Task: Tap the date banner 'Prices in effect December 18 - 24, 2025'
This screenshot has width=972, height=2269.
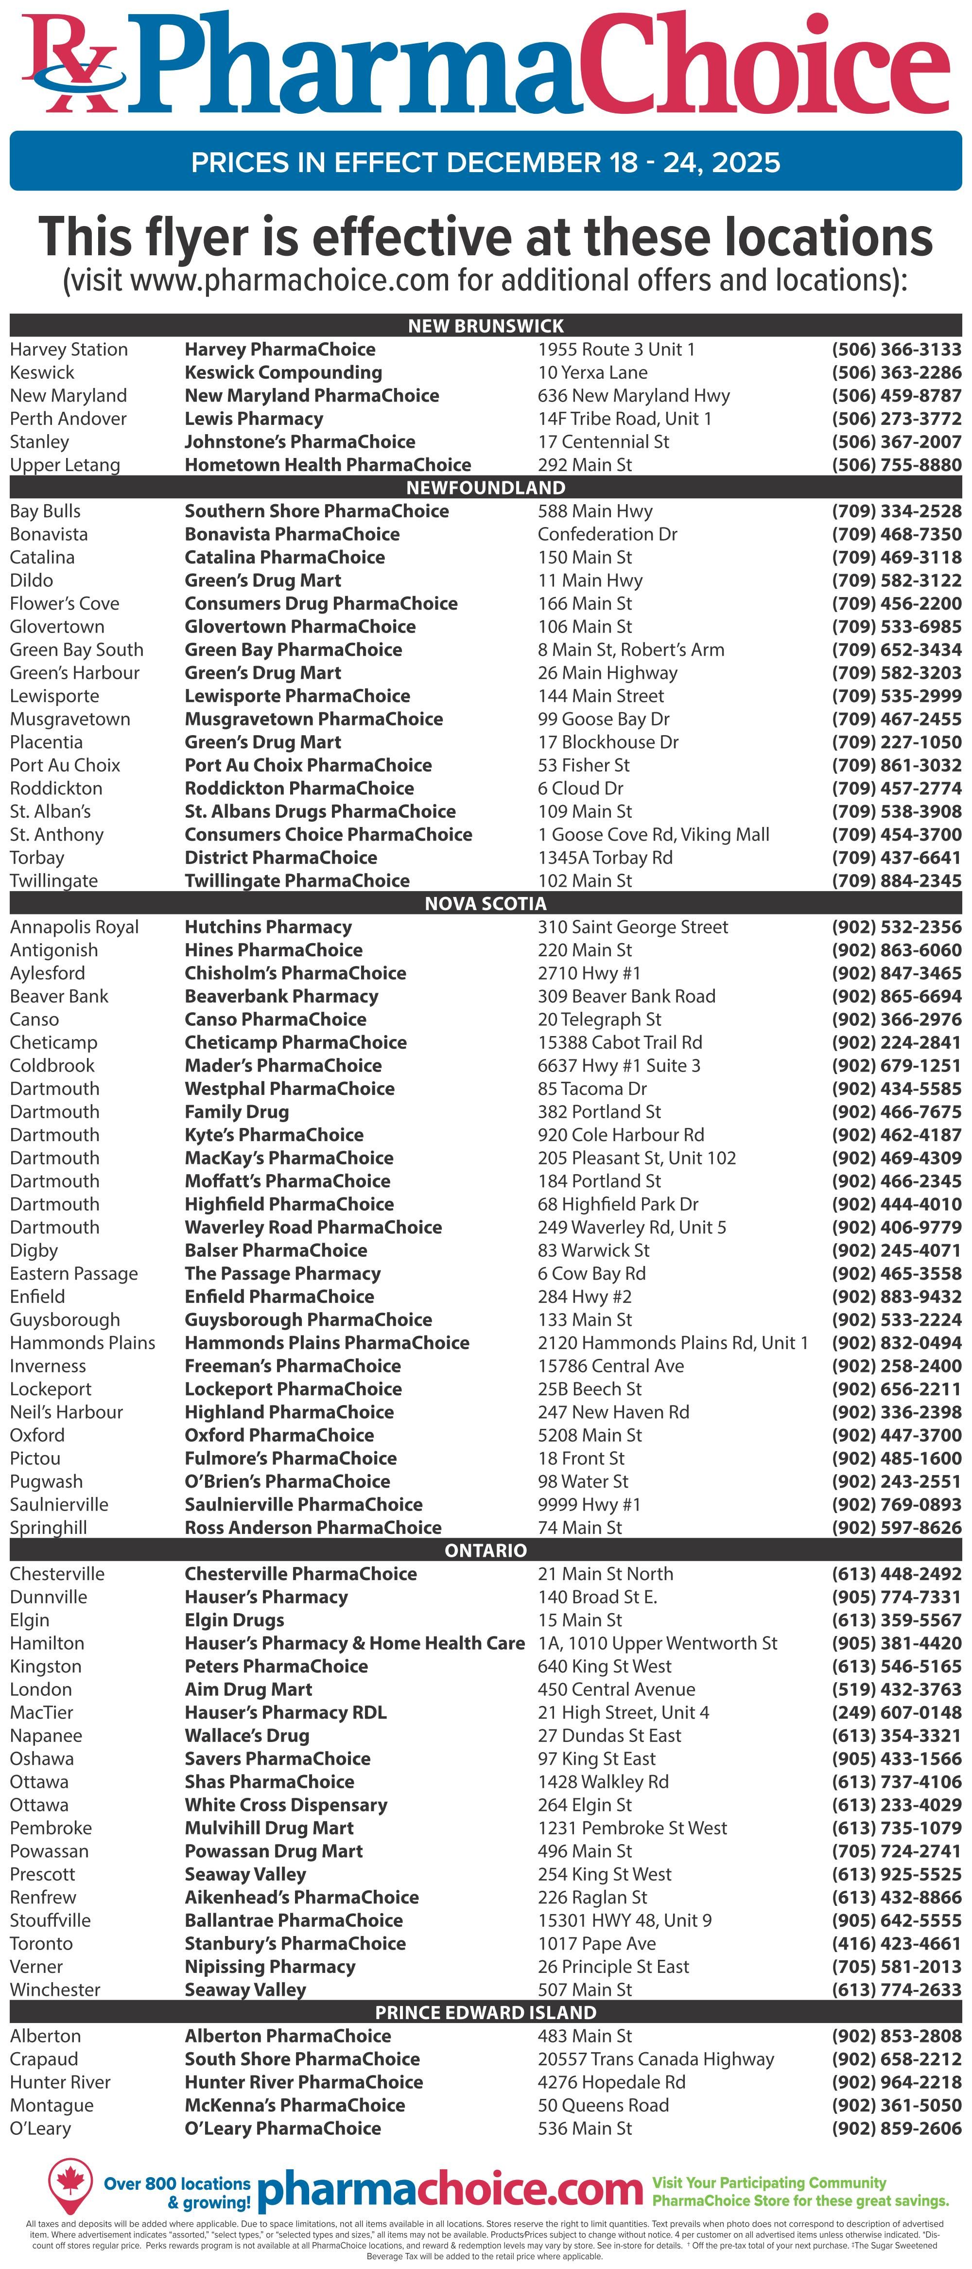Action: tap(485, 162)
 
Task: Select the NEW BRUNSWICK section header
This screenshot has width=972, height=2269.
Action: tap(485, 325)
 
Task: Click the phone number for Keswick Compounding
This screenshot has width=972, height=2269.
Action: tap(896, 372)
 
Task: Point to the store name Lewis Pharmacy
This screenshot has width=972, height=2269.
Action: tap(254, 419)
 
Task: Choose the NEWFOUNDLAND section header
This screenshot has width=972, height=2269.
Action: tap(485, 487)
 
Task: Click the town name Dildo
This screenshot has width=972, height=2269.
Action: tap(32, 580)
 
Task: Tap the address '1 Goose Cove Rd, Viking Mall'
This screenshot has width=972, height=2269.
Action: tap(653, 834)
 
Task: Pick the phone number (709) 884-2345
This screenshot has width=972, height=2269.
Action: tap(896, 881)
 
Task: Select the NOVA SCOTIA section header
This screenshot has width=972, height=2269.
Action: tap(485, 904)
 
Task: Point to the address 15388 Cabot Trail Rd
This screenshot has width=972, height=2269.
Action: tap(620, 1042)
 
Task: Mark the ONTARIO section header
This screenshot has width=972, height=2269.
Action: tap(485, 1550)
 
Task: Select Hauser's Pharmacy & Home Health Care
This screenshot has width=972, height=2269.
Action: tap(354, 1643)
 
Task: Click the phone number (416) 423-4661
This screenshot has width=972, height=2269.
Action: tap(896, 1943)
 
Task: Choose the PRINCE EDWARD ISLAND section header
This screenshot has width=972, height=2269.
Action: tap(485, 2013)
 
